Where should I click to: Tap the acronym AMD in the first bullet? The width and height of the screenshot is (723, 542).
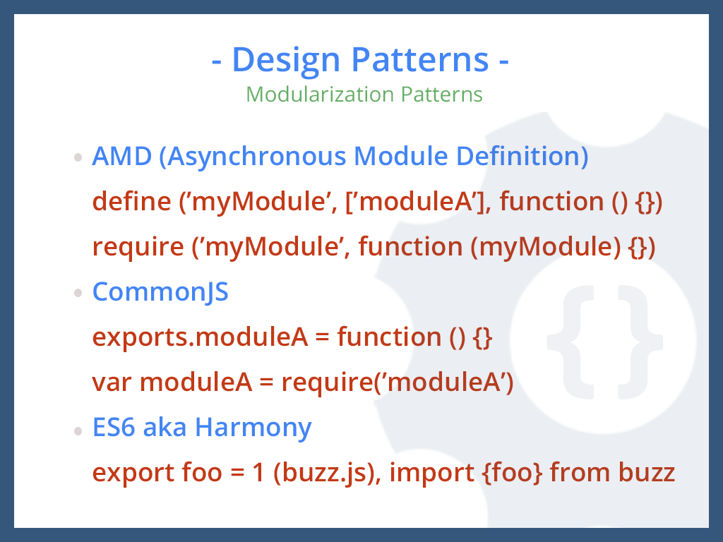point(121,157)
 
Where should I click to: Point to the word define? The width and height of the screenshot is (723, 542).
point(131,202)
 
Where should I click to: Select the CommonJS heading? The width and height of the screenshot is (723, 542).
point(160,292)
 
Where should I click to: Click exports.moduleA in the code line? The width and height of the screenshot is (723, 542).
point(200,337)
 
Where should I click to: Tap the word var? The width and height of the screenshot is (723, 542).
point(112,383)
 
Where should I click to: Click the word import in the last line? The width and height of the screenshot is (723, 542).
point(431,473)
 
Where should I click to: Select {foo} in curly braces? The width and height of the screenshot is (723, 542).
point(512,473)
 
